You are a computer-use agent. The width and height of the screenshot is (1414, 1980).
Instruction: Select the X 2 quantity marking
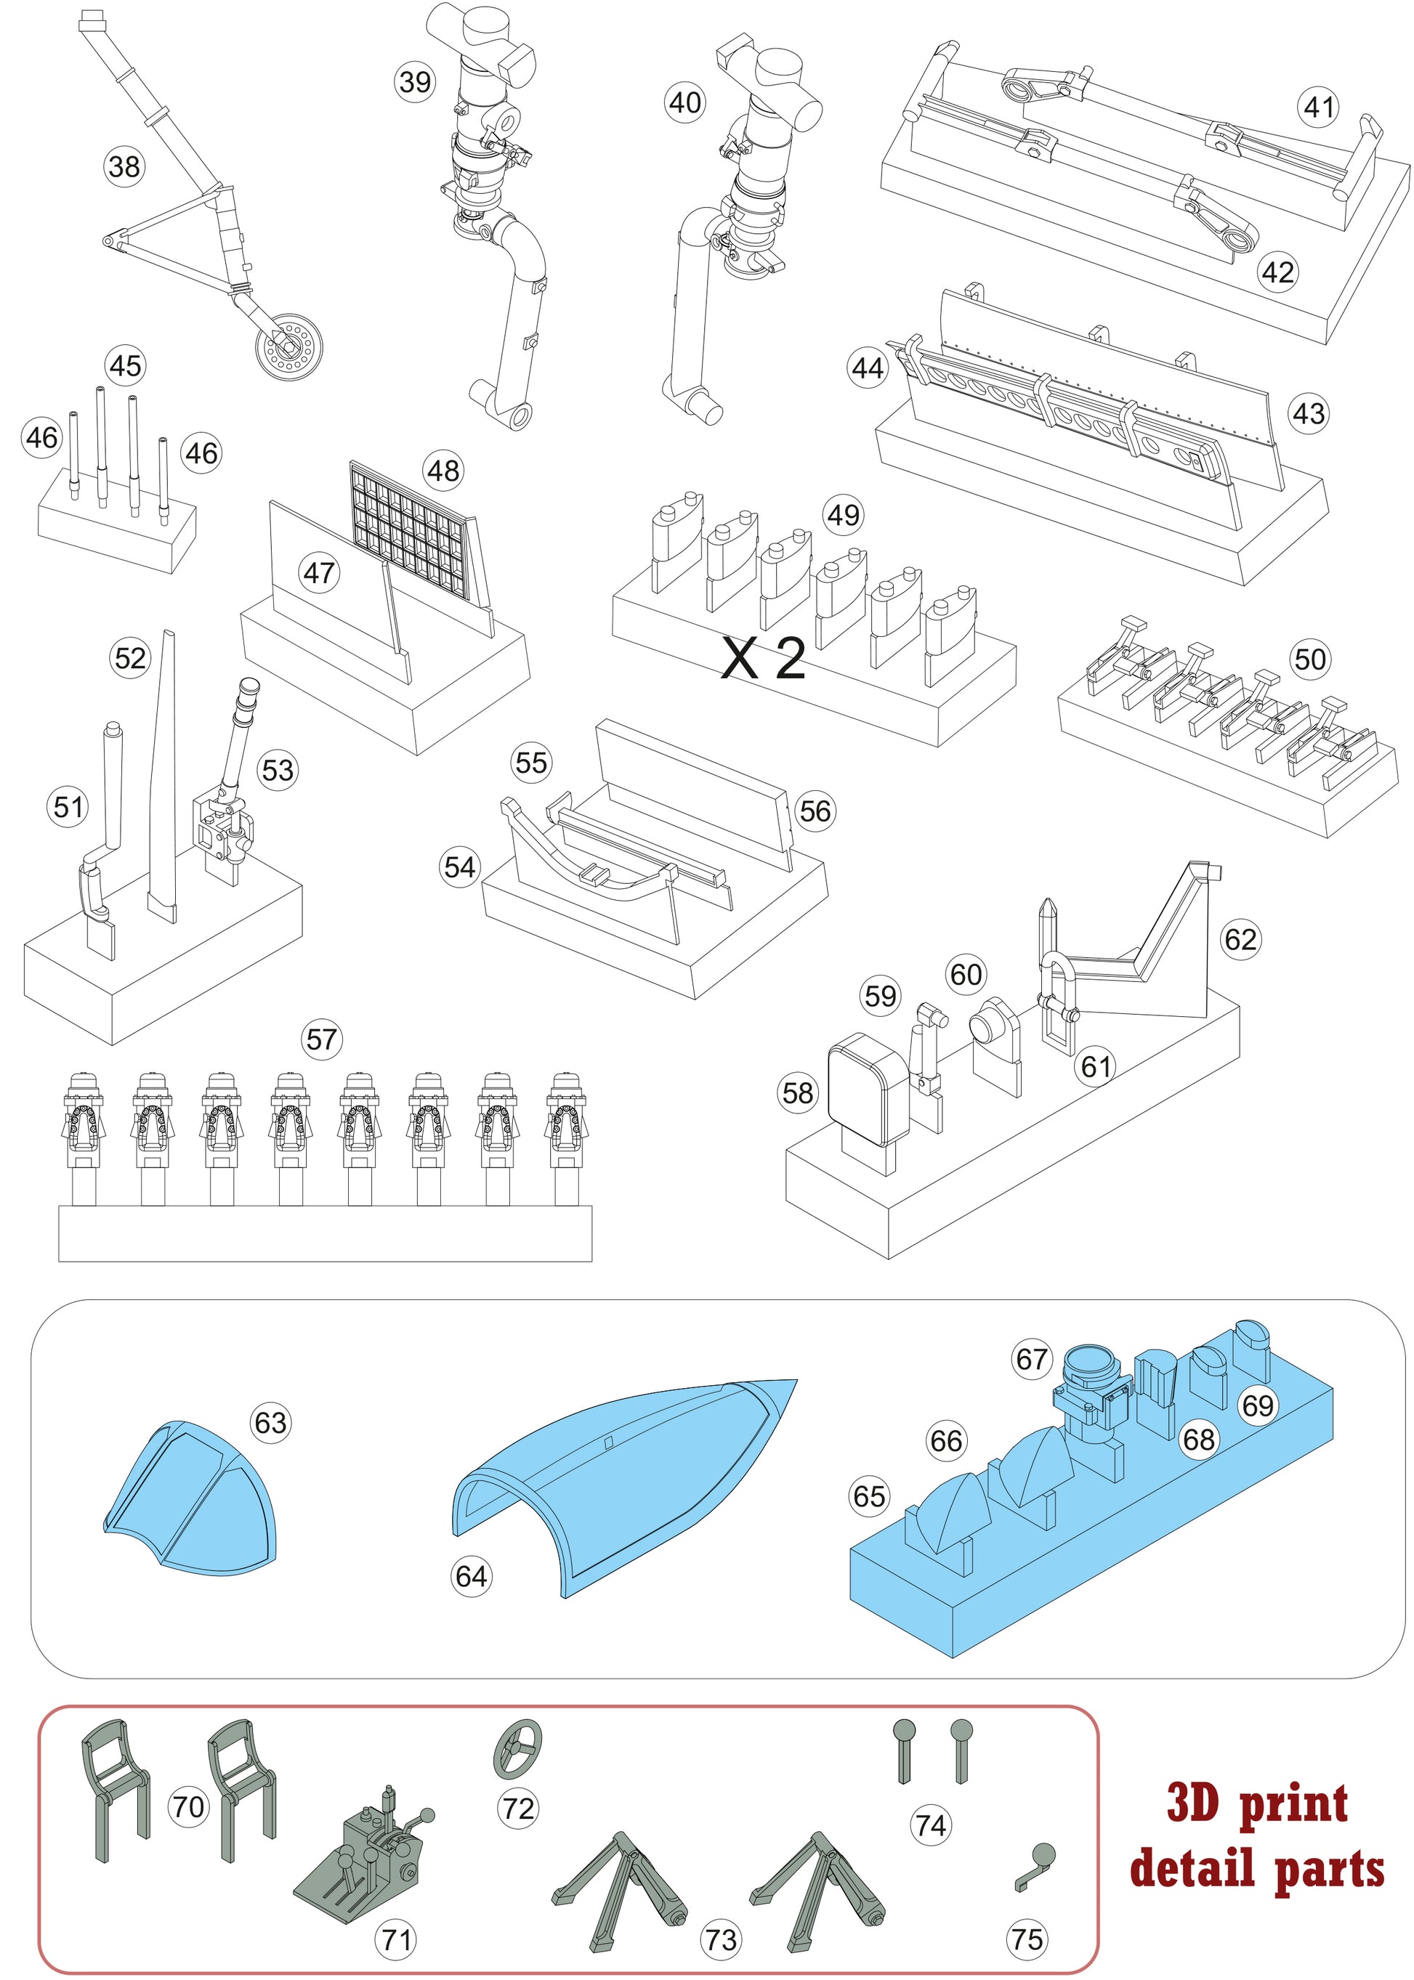(764, 659)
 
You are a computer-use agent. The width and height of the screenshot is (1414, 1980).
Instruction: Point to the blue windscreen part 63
(192, 1498)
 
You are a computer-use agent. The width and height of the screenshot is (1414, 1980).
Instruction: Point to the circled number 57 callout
(321, 1039)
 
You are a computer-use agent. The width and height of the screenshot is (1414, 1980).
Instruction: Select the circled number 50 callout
(1309, 659)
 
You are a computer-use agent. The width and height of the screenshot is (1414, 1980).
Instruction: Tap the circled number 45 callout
(124, 365)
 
